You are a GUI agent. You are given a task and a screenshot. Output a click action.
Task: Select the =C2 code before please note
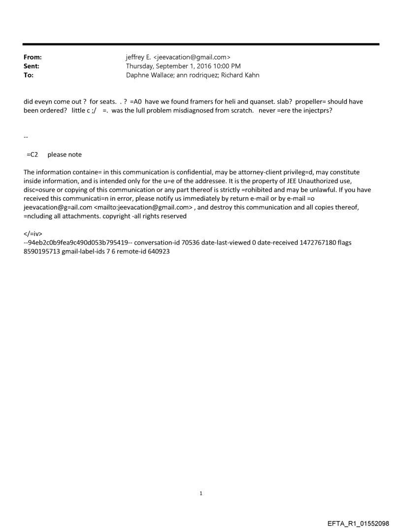33,155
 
